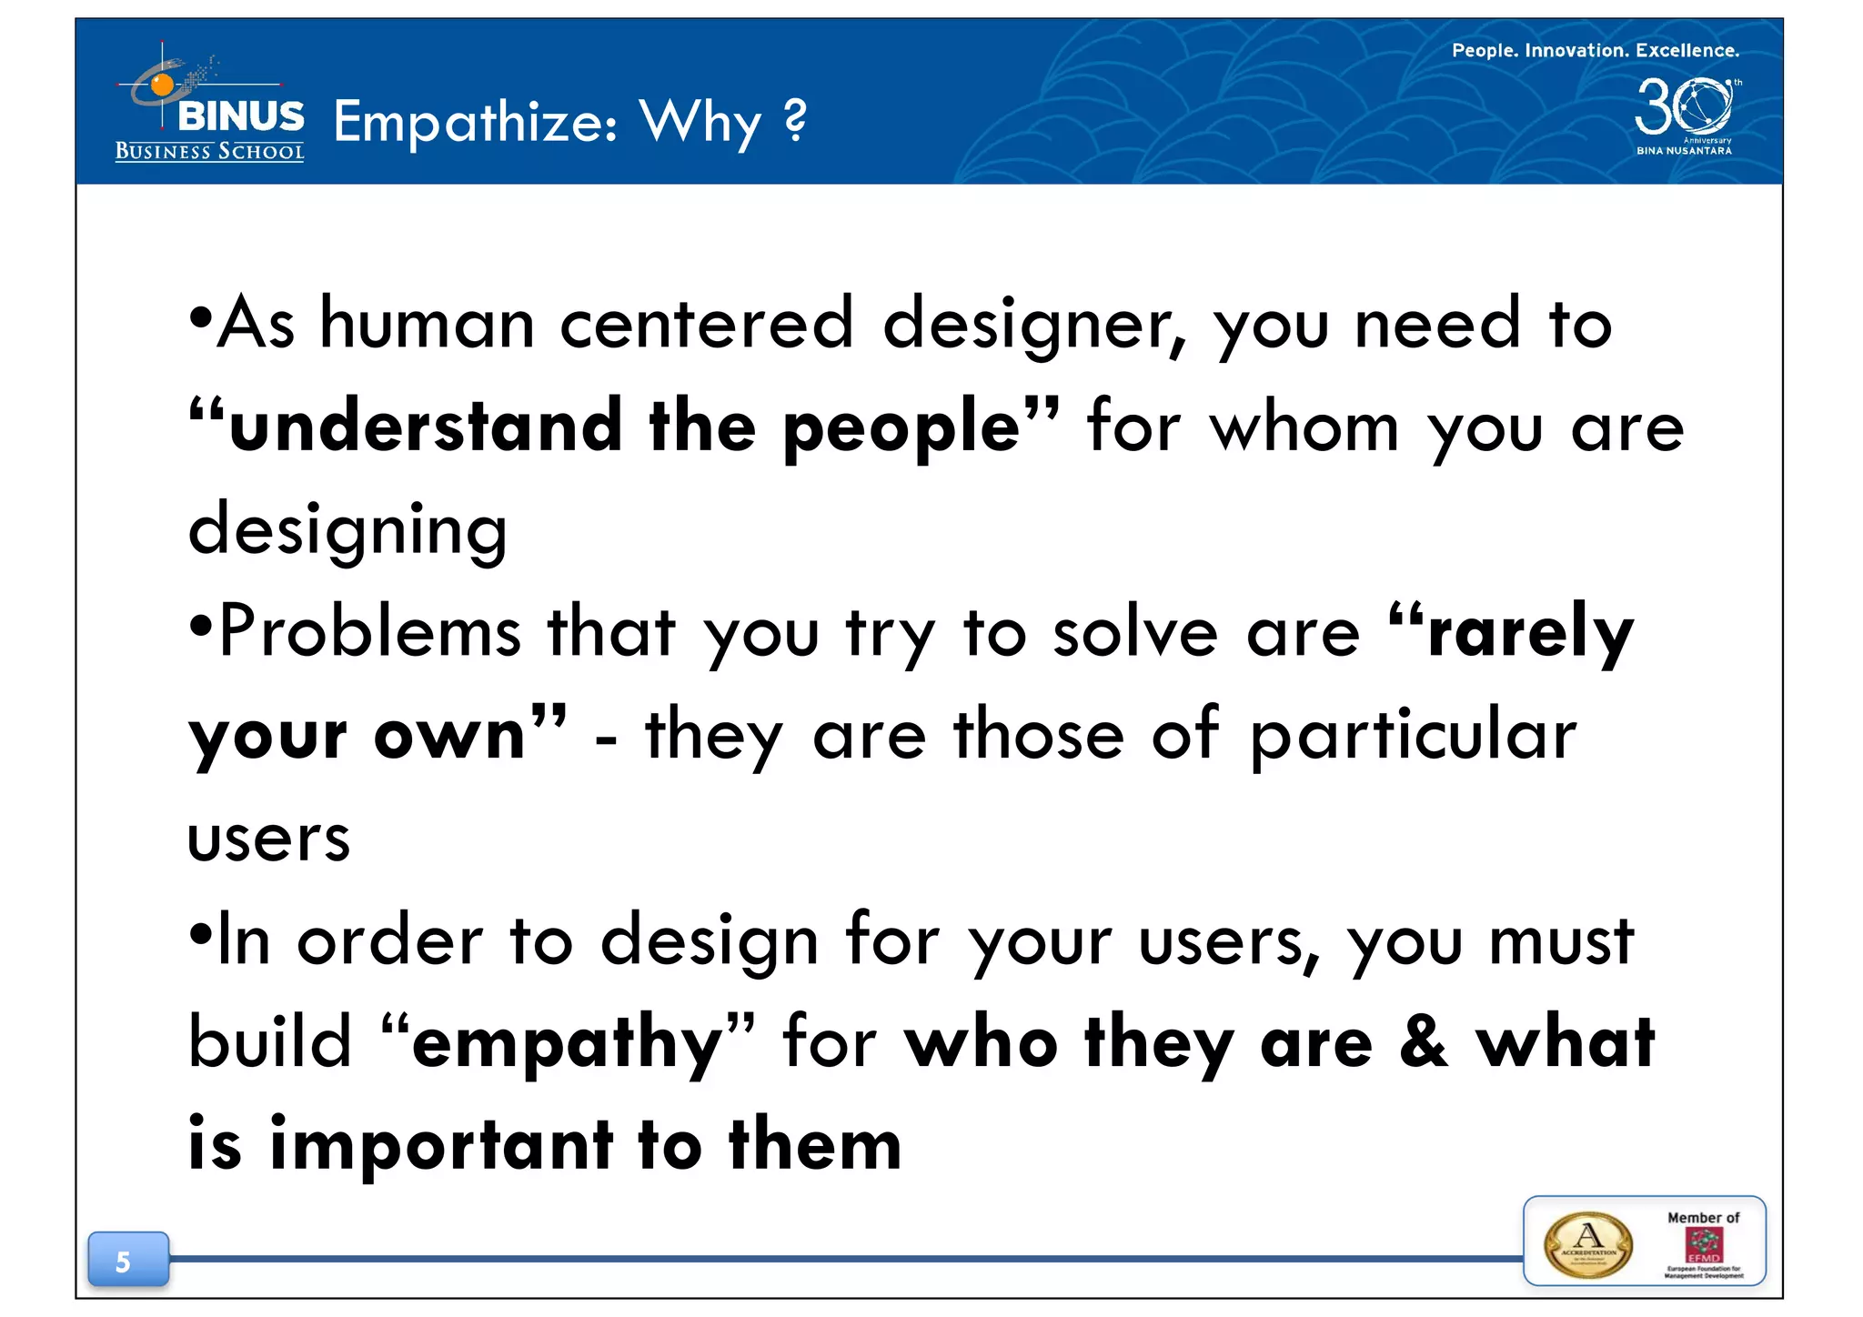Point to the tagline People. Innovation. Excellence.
[1595, 50]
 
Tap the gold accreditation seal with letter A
[1587, 1244]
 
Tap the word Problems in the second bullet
[369, 631]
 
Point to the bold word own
[451, 735]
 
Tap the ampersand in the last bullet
[1423, 1042]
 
